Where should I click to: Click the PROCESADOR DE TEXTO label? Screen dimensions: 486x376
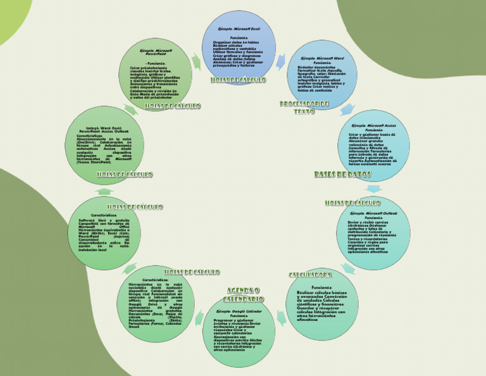[x=304, y=107]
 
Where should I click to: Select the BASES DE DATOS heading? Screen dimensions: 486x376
[x=343, y=174]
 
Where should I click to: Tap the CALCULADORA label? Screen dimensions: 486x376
[x=311, y=275]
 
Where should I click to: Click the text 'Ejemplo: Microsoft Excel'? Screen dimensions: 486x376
[x=239, y=29]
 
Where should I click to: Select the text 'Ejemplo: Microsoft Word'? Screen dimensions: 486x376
[x=322, y=58]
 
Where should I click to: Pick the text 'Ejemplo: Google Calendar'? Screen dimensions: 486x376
[x=239, y=312]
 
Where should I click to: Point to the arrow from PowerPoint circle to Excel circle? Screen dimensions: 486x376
[x=197, y=61]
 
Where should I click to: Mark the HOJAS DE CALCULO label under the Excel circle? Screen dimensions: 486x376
[x=239, y=80]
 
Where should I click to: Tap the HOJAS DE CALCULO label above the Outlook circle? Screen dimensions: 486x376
[x=352, y=203]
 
